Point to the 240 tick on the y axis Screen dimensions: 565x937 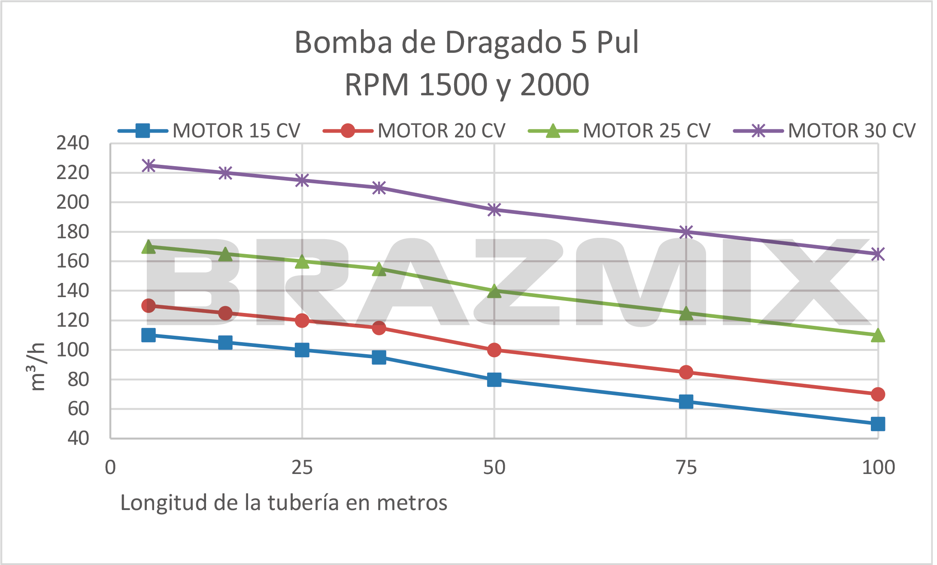(73, 143)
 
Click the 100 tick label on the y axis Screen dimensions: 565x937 (73, 350)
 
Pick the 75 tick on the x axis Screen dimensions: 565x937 (686, 467)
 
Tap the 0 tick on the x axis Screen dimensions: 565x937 (110, 467)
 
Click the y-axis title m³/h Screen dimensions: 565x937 (38, 367)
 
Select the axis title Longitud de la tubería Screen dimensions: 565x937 (284, 502)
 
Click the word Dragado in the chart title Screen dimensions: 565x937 (503, 43)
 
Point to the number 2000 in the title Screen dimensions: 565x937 (555, 85)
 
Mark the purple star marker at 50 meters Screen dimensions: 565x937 (494, 210)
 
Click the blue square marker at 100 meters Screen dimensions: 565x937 (878, 424)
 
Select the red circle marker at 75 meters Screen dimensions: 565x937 (686, 372)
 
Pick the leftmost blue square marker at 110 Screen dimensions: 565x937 (149, 335)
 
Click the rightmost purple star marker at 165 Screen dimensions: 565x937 (878, 254)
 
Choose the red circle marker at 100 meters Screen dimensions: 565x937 (878, 394)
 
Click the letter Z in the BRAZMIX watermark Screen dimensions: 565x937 (519, 281)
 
